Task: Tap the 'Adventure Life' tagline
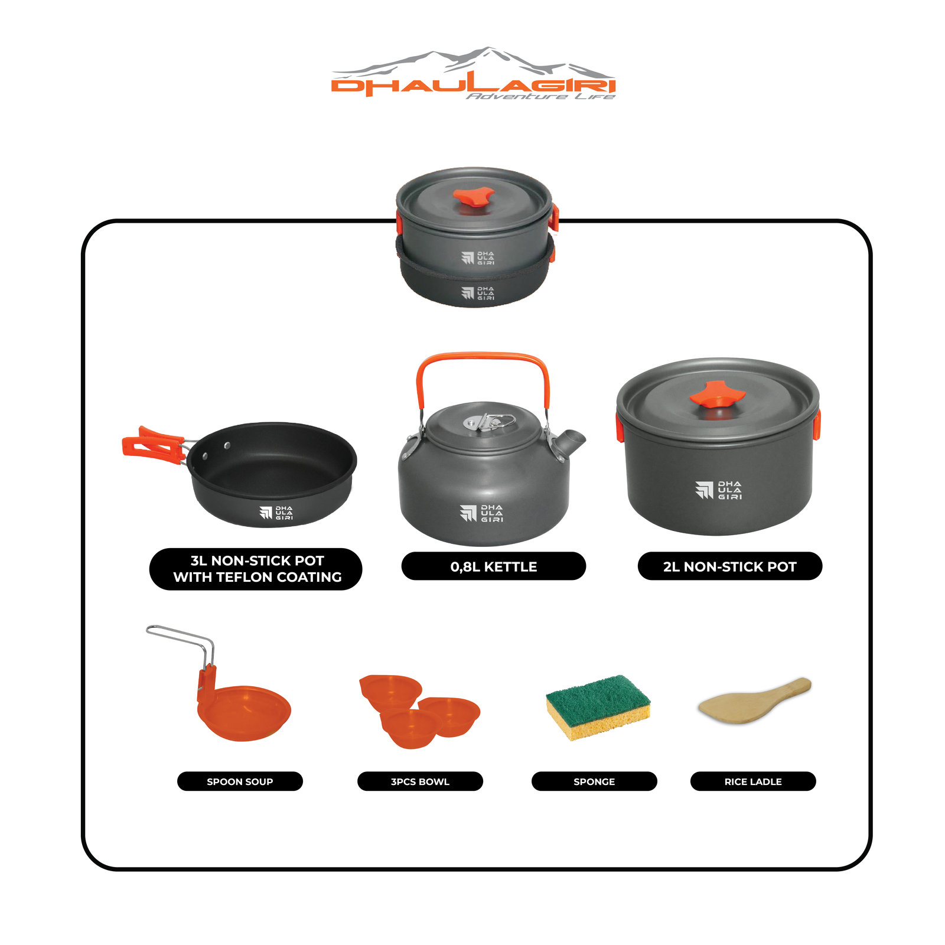(540, 96)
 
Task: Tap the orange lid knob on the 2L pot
(717, 394)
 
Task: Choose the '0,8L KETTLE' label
(494, 566)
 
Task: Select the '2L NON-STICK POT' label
(730, 566)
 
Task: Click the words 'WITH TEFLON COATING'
(258, 577)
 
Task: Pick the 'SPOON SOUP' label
(240, 781)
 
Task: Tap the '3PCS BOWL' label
(420, 781)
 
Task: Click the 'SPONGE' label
(594, 781)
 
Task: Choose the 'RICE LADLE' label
(753, 781)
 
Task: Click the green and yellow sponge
(598, 707)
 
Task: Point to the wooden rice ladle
(754, 700)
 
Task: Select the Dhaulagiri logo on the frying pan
(276, 513)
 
